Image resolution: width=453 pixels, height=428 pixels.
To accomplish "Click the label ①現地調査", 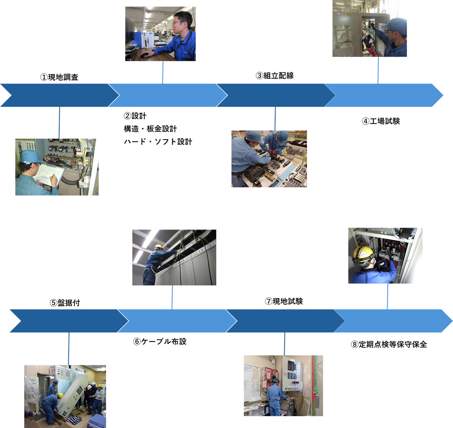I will tap(59, 77).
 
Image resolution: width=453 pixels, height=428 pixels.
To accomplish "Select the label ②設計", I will tap(135, 116).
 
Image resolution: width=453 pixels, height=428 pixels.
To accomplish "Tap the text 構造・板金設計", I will tap(150, 129).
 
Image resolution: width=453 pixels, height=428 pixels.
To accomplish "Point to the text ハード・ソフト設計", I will tap(158, 142).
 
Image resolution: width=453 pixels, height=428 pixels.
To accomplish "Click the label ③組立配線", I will tap(274, 75).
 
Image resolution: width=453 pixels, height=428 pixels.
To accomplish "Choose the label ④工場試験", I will tap(381, 121).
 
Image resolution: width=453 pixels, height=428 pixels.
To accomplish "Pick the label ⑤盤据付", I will tap(65, 303).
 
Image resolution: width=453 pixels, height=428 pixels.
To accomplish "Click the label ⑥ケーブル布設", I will tap(160, 342).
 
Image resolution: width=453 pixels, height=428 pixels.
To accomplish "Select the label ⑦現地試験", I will tap(284, 301).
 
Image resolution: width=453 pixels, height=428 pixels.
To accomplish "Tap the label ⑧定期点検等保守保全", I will tap(389, 344).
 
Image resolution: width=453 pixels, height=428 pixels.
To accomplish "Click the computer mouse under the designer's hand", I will tap(144, 55).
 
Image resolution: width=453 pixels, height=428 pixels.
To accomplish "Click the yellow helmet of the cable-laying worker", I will tap(159, 247).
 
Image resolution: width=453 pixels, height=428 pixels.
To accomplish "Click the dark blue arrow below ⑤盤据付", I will tap(64, 321).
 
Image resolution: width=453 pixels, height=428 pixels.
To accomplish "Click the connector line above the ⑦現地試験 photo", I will tap(285, 343).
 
